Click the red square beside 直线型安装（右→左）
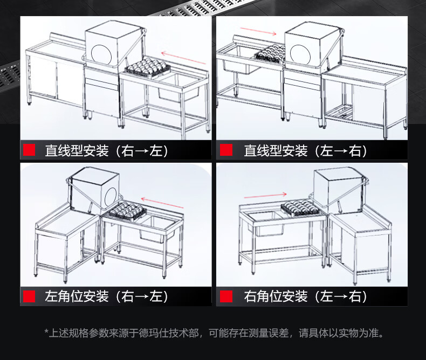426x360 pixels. tap(30, 150)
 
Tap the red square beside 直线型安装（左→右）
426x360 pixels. tap(226, 150)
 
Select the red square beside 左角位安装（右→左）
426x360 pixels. tap(30, 296)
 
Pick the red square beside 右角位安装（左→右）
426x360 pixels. tap(226, 296)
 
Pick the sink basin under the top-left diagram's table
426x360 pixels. tap(176, 91)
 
